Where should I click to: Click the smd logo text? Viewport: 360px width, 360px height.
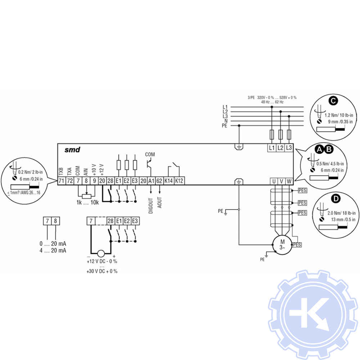pos(72,150)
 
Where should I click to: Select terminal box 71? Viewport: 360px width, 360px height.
pos(62,181)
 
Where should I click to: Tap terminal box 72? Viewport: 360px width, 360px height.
pos(70,181)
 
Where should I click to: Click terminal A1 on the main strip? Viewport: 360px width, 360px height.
pos(151,181)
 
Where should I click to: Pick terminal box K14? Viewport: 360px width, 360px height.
pos(168,181)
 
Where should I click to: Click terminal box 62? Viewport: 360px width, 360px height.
pos(159,181)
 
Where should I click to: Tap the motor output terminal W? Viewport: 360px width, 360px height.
pos(289,181)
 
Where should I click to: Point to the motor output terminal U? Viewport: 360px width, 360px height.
pos(274,181)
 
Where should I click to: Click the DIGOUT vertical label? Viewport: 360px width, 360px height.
pos(151,206)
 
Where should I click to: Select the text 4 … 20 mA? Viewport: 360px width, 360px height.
pos(53,251)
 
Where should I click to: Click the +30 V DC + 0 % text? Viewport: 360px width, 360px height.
pos(102,271)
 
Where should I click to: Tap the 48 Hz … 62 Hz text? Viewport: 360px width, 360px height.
pos(272,102)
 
